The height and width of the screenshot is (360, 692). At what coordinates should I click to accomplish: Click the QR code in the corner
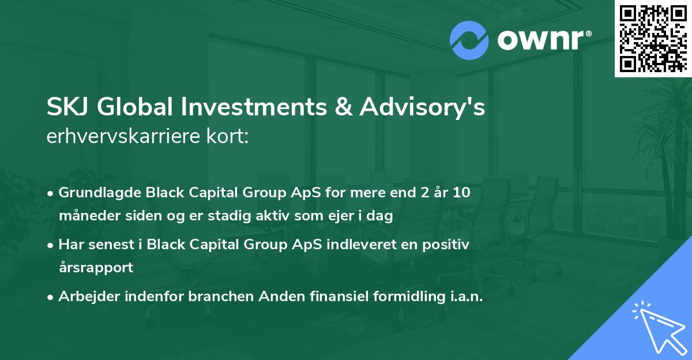pyautogui.click(x=653, y=39)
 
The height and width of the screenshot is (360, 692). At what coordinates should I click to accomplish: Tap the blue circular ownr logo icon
pyautogui.click(x=469, y=40)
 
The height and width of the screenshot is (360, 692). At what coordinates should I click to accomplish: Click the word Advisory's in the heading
pyautogui.click(x=423, y=108)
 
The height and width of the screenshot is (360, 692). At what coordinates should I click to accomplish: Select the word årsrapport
pyautogui.click(x=96, y=268)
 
